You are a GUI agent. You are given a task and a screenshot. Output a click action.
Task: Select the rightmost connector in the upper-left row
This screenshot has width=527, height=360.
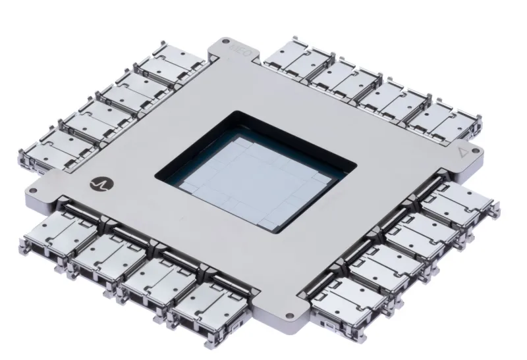tap(162, 68)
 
